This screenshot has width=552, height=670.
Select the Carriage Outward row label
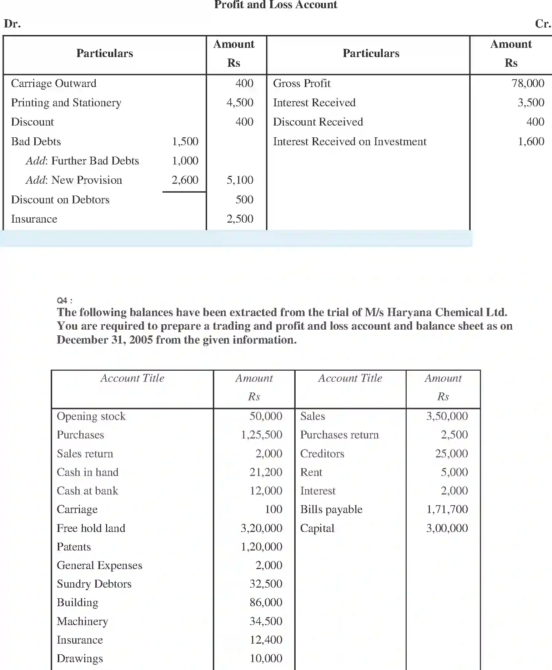(54, 83)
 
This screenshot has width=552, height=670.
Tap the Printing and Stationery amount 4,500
(240, 103)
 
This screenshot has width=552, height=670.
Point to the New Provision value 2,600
(185, 180)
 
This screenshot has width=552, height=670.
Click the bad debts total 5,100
(240, 180)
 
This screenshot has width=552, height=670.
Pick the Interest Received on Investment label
(350, 142)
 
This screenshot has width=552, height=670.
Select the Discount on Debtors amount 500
(244, 199)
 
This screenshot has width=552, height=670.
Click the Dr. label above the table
(12, 24)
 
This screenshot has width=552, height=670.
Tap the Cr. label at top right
(543, 24)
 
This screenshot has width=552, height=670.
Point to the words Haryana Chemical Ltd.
(447, 313)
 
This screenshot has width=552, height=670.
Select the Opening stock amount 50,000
(266, 416)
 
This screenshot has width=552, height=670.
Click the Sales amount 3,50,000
(447, 416)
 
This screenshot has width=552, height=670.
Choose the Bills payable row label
(331, 509)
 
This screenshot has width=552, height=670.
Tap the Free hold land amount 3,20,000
(261, 528)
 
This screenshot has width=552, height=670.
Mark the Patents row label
(74, 547)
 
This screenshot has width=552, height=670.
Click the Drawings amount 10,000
(266, 658)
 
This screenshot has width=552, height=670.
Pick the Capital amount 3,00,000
(447, 528)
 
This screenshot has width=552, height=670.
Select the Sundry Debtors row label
(94, 584)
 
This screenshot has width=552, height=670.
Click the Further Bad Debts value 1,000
(185, 161)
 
